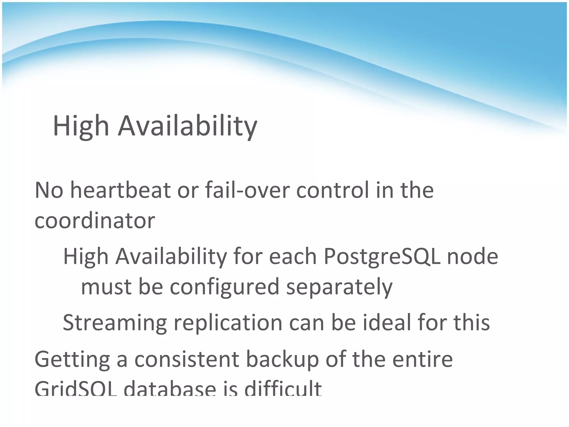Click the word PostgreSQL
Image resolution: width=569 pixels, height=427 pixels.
pyautogui.click(x=381, y=256)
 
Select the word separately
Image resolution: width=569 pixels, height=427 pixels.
pyautogui.click(x=339, y=287)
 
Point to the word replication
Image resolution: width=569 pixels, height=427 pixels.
pyautogui.click(x=228, y=322)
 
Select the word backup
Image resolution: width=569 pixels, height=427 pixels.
pyautogui.click(x=282, y=359)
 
